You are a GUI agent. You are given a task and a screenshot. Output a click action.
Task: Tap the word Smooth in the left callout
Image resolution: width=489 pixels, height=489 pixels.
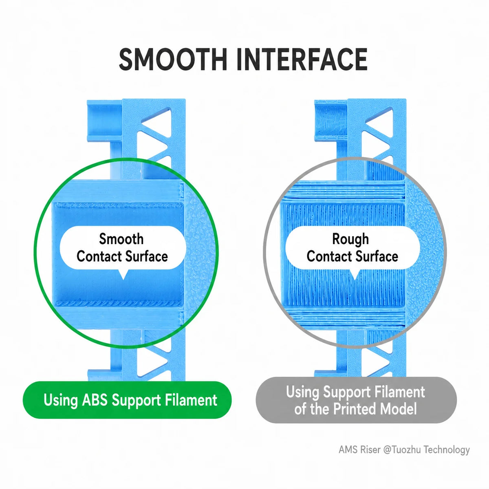(x=121, y=239)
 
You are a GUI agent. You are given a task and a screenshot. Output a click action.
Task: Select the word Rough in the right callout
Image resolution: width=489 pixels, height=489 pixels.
(x=350, y=239)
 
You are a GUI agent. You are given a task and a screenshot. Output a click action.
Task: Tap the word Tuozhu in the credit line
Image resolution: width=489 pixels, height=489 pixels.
(x=406, y=449)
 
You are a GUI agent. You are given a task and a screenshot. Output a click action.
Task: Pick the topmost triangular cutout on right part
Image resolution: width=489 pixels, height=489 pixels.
(x=382, y=118)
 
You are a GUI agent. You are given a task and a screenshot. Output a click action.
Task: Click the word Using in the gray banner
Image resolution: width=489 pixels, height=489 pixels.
(x=302, y=392)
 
